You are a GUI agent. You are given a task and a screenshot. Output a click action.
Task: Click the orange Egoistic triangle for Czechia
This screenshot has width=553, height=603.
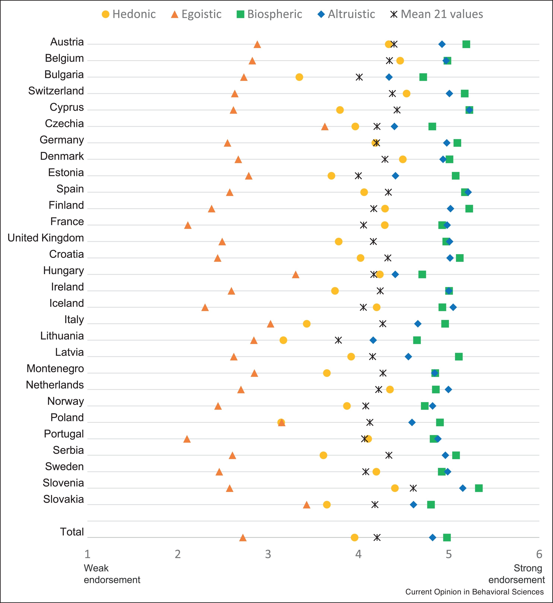(x=325, y=127)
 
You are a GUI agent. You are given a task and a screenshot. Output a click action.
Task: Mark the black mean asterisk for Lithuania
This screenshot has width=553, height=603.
(x=338, y=340)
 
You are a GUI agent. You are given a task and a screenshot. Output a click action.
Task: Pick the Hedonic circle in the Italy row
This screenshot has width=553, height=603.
(x=306, y=324)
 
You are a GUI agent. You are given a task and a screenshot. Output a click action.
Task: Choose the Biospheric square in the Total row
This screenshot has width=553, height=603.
(x=447, y=537)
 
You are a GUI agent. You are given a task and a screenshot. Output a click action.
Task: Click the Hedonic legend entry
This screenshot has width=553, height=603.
(x=129, y=14)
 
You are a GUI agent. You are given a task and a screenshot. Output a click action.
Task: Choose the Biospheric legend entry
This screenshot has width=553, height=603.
(x=269, y=14)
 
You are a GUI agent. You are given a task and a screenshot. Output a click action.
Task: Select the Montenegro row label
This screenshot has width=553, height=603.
(x=55, y=369)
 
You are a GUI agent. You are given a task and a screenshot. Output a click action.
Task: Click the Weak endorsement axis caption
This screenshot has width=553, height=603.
(x=112, y=574)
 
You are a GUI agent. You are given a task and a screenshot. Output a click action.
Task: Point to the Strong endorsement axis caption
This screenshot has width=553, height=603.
(x=517, y=574)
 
